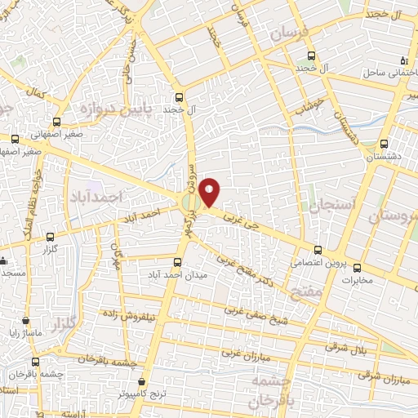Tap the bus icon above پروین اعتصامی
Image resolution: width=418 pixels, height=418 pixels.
(x=318, y=251)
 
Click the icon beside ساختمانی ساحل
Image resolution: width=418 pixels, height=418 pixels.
(x=402, y=61)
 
